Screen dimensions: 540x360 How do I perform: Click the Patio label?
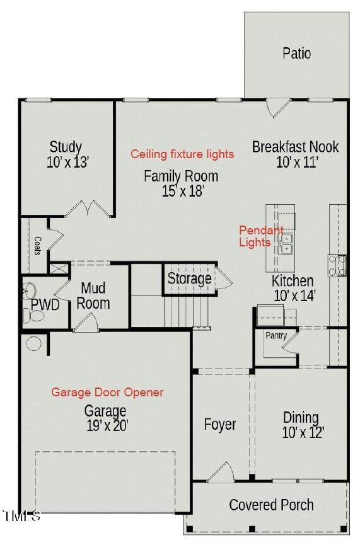click(x=296, y=53)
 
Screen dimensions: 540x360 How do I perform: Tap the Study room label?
click(x=66, y=147)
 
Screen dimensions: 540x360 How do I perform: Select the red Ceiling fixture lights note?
click(x=182, y=154)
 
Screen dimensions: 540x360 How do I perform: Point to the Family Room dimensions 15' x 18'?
click(x=182, y=190)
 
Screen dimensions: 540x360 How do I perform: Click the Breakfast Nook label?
click(x=295, y=147)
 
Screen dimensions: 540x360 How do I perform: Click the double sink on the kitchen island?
click(x=286, y=243)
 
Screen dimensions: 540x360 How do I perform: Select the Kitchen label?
click(x=292, y=280)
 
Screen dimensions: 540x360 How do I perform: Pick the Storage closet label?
click(x=189, y=278)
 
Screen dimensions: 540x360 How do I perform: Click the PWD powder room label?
click(x=45, y=306)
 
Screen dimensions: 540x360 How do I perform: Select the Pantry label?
click(x=276, y=336)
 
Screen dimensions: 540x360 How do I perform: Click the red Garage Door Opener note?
click(x=107, y=392)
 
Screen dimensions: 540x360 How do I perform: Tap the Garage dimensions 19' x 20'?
click(x=107, y=426)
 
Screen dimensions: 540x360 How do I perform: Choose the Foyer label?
click(x=220, y=424)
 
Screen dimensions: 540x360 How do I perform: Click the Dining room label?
click(x=301, y=417)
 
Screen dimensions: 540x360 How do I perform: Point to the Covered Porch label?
click(x=271, y=505)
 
